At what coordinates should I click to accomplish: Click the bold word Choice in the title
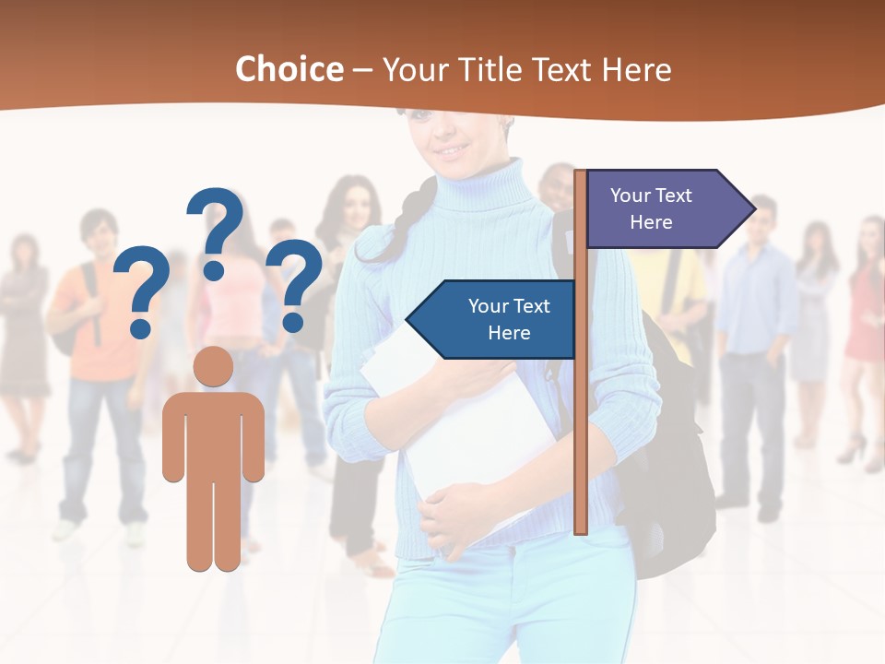pyautogui.click(x=289, y=70)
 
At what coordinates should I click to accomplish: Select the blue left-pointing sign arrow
pyautogui.click(x=493, y=319)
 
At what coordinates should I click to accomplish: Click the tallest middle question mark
pyautogui.click(x=216, y=231)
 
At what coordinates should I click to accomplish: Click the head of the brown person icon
pyautogui.click(x=214, y=366)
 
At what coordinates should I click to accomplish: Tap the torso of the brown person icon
pyautogui.click(x=214, y=433)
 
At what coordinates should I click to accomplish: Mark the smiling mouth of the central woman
pyautogui.click(x=452, y=148)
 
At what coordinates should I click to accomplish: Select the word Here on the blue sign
pyautogui.click(x=509, y=333)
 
